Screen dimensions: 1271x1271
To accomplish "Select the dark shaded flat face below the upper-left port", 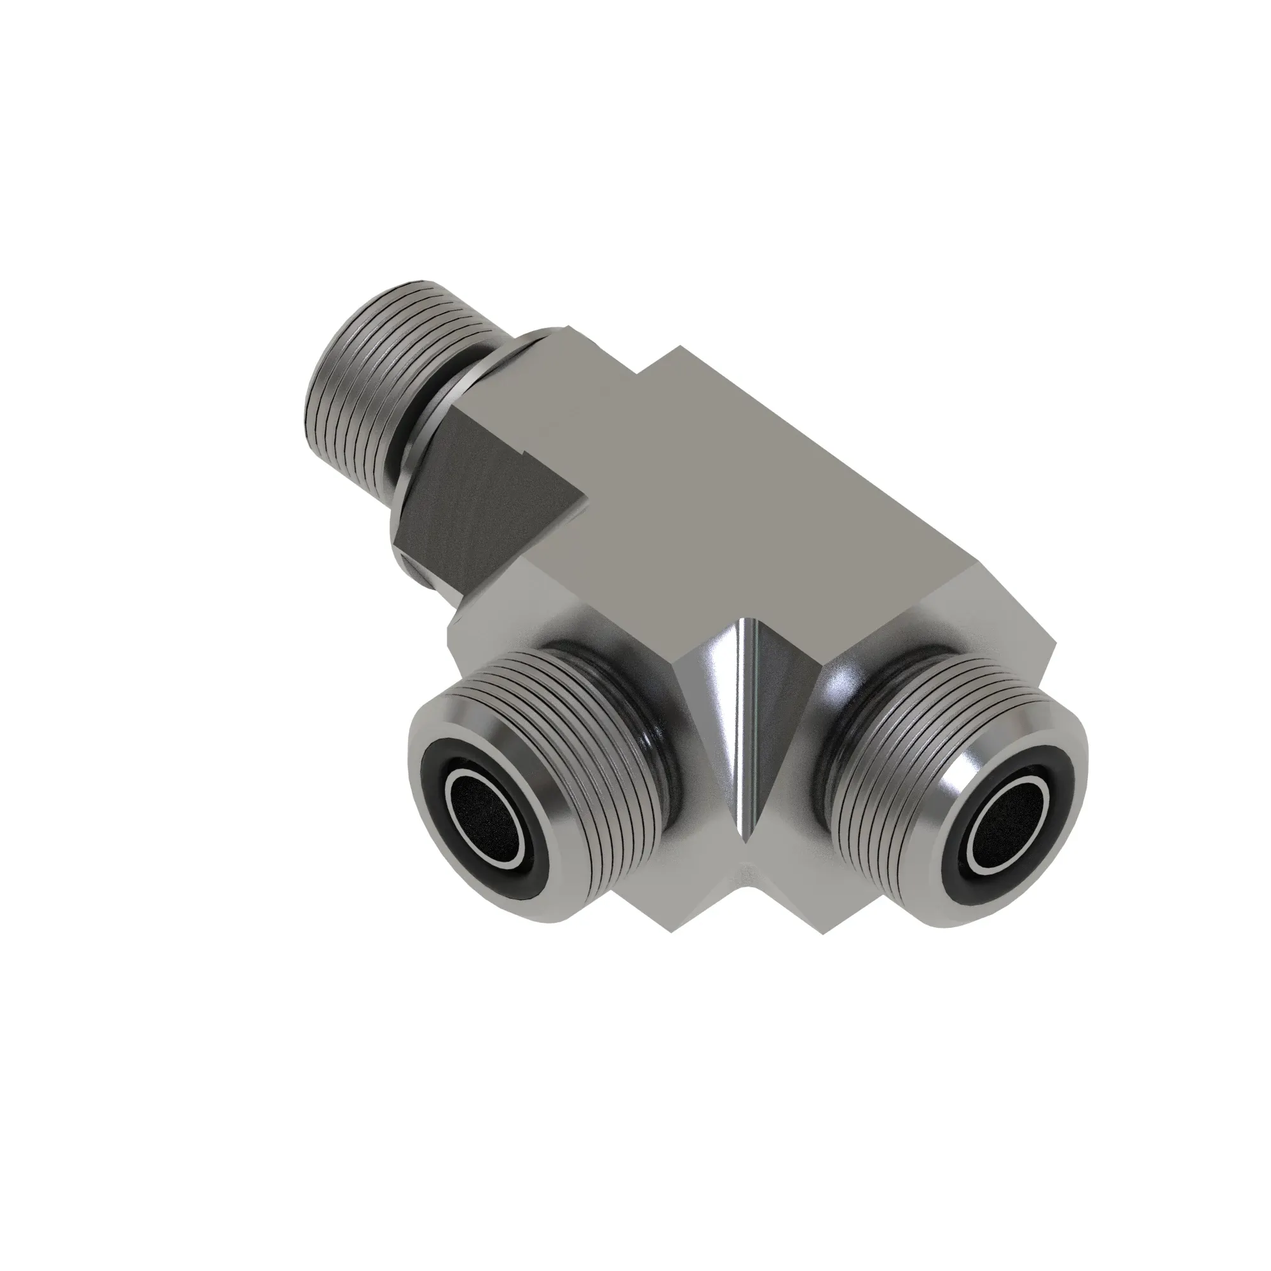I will tap(473, 500).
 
